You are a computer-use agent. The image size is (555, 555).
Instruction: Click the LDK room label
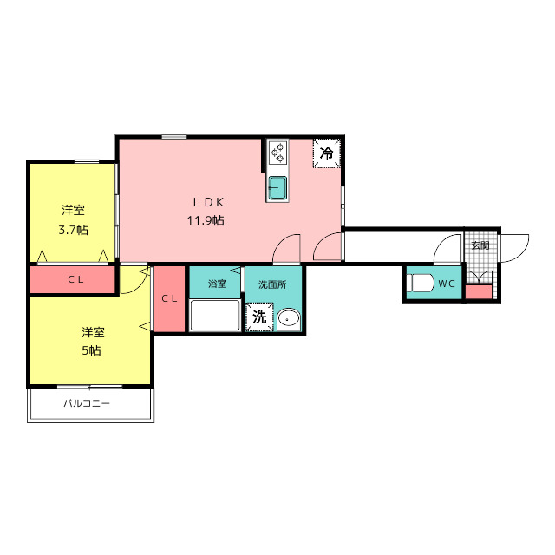click(x=208, y=202)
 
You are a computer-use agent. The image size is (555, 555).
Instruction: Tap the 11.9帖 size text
click(x=206, y=221)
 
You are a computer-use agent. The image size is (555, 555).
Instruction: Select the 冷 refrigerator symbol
click(x=327, y=153)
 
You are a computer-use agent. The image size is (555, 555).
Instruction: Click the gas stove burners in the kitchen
click(x=277, y=153)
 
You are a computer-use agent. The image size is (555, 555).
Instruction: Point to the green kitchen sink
click(x=277, y=188)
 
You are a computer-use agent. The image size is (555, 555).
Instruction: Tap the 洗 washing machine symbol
click(x=259, y=317)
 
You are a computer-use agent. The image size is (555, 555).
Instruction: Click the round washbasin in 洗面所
click(x=289, y=319)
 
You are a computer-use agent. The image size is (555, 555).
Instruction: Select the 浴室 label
click(x=217, y=284)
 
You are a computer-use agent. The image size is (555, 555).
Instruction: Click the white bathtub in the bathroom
click(x=215, y=316)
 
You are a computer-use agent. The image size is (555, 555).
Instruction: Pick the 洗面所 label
click(x=272, y=284)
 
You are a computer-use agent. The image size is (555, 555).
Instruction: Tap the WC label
click(x=447, y=284)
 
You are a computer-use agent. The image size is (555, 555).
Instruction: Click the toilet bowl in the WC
click(x=421, y=284)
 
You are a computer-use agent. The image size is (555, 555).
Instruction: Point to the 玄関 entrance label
click(x=480, y=245)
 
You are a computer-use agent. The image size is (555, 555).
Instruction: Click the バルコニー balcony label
click(x=87, y=403)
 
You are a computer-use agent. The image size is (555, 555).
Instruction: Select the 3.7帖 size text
click(x=73, y=231)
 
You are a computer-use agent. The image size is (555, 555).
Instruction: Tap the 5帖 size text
click(x=91, y=350)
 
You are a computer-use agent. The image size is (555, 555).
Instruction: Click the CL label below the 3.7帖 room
click(x=75, y=279)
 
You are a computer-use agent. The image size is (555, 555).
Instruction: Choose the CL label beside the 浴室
click(x=169, y=298)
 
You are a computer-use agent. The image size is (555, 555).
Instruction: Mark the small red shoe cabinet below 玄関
click(x=478, y=291)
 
